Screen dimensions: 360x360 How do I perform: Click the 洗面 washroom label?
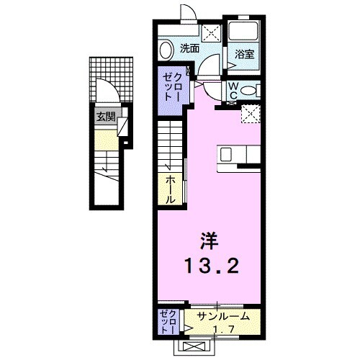coord(189,49)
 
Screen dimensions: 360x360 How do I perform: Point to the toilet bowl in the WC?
coord(248,91)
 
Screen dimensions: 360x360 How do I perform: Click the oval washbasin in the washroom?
coord(165,50)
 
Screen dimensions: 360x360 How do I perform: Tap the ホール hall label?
coord(171,188)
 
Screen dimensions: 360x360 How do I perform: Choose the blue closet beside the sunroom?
coord(167,321)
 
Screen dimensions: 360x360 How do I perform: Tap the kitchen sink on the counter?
coord(226,154)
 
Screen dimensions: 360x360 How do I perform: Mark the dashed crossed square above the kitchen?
coord(251,113)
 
